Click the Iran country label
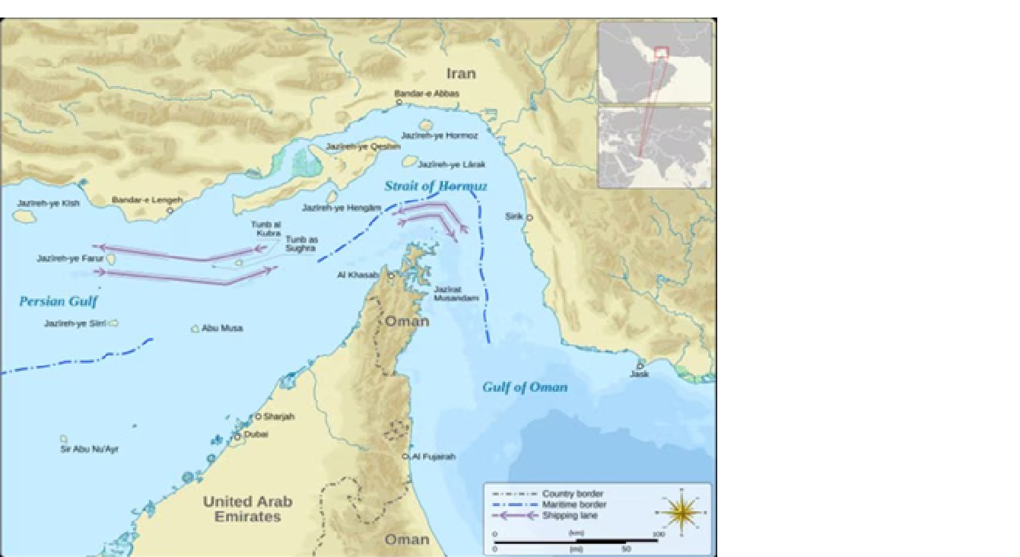pos(461,73)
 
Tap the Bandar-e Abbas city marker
pos(399,102)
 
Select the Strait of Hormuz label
pos(435,186)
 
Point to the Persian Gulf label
pos(59,302)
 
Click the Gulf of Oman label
pos(525,387)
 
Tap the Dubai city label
pos(256,435)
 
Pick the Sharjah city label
pos(278,417)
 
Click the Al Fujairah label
pos(434,457)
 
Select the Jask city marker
pos(640,365)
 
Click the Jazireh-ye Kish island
pos(24,217)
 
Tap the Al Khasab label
pos(362,275)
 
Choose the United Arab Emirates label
pos(247,509)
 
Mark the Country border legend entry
pos(573,494)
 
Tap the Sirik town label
pos(513,217)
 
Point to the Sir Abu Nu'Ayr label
pos(90,450)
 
